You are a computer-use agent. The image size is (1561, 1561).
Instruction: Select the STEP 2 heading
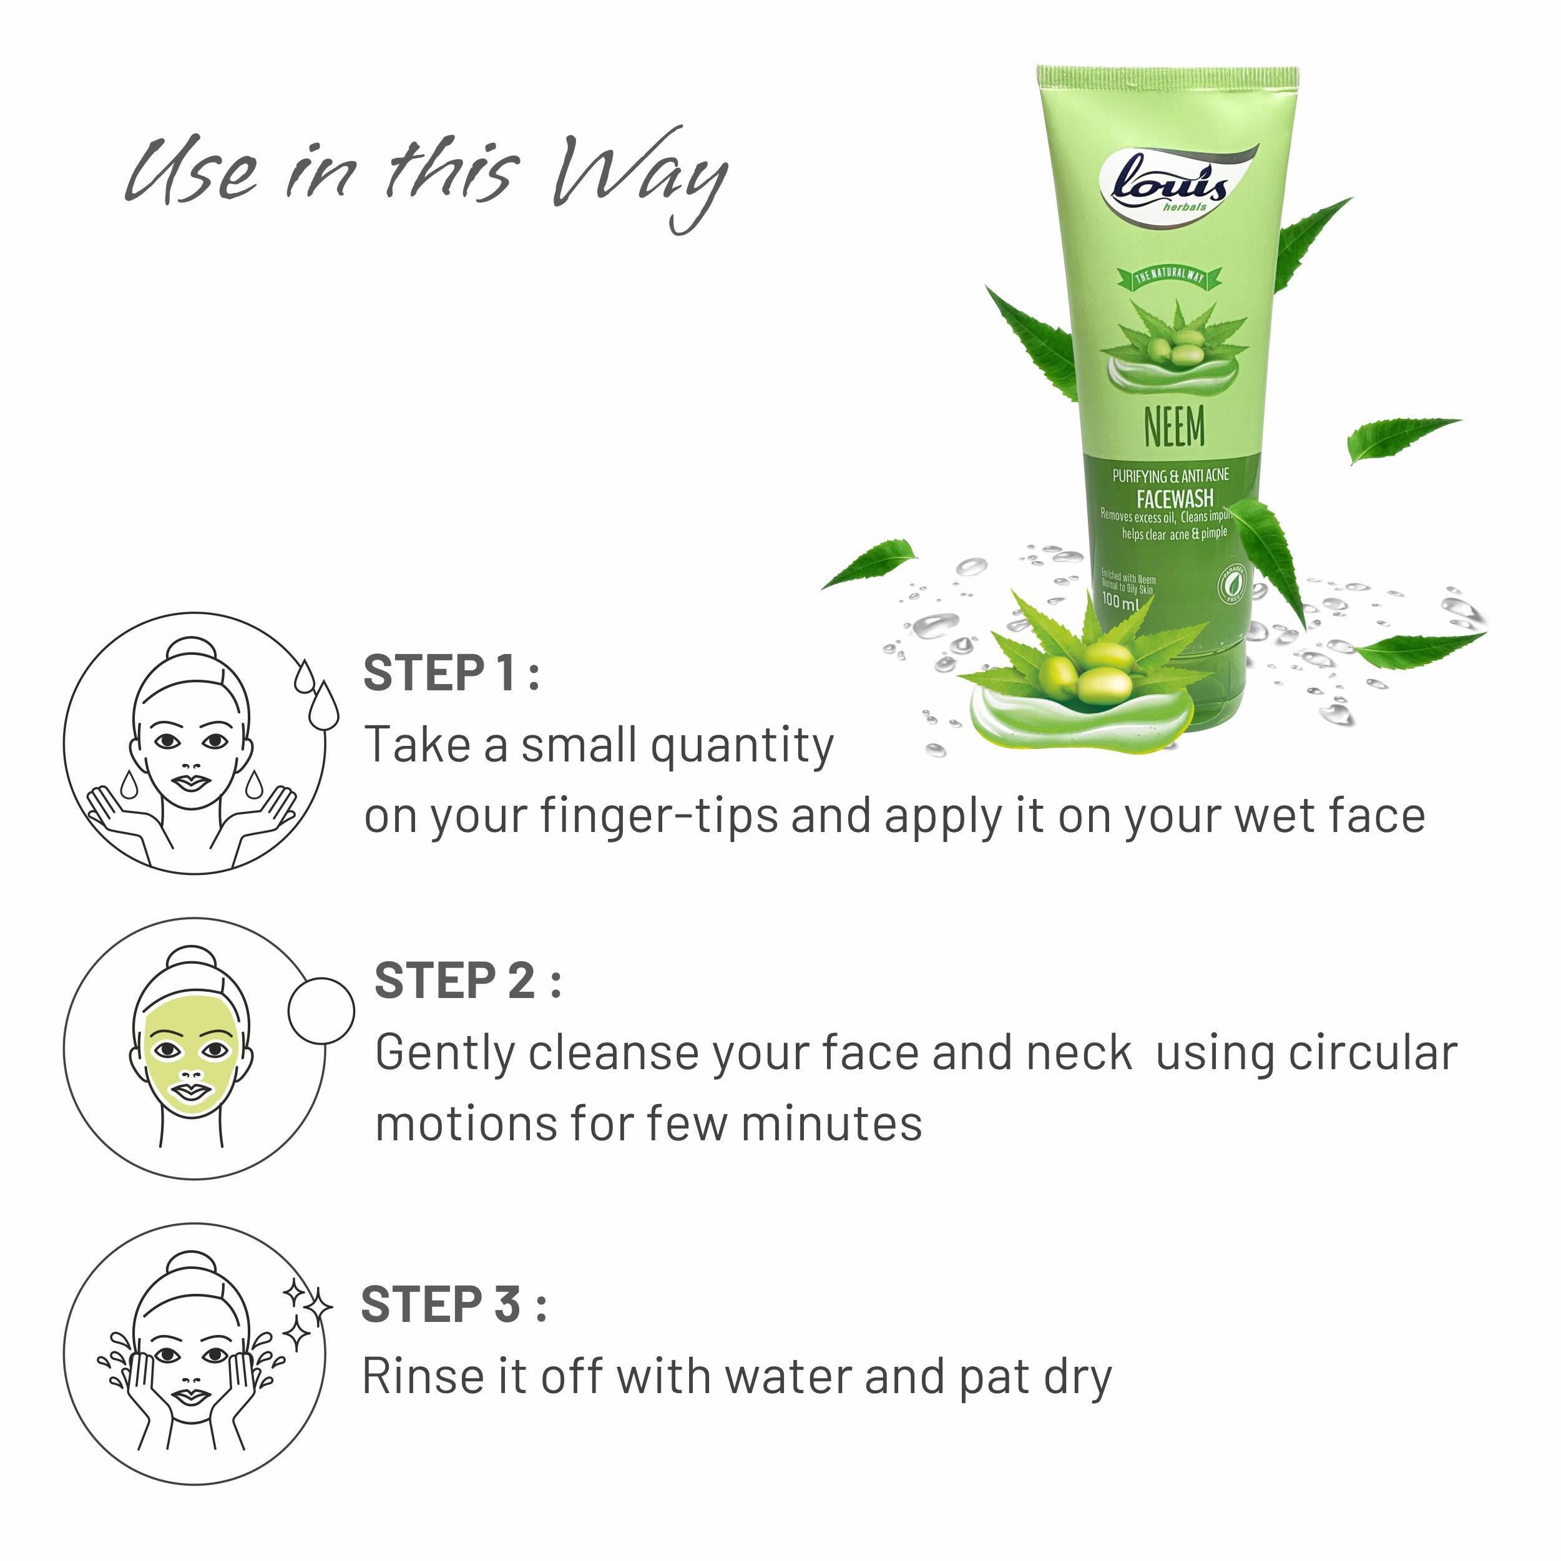click(x=467, y=981)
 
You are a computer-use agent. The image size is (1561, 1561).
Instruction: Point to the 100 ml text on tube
click(x=1120, y=601)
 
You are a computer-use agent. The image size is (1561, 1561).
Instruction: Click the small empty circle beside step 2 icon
click(x=321, y=1010)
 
